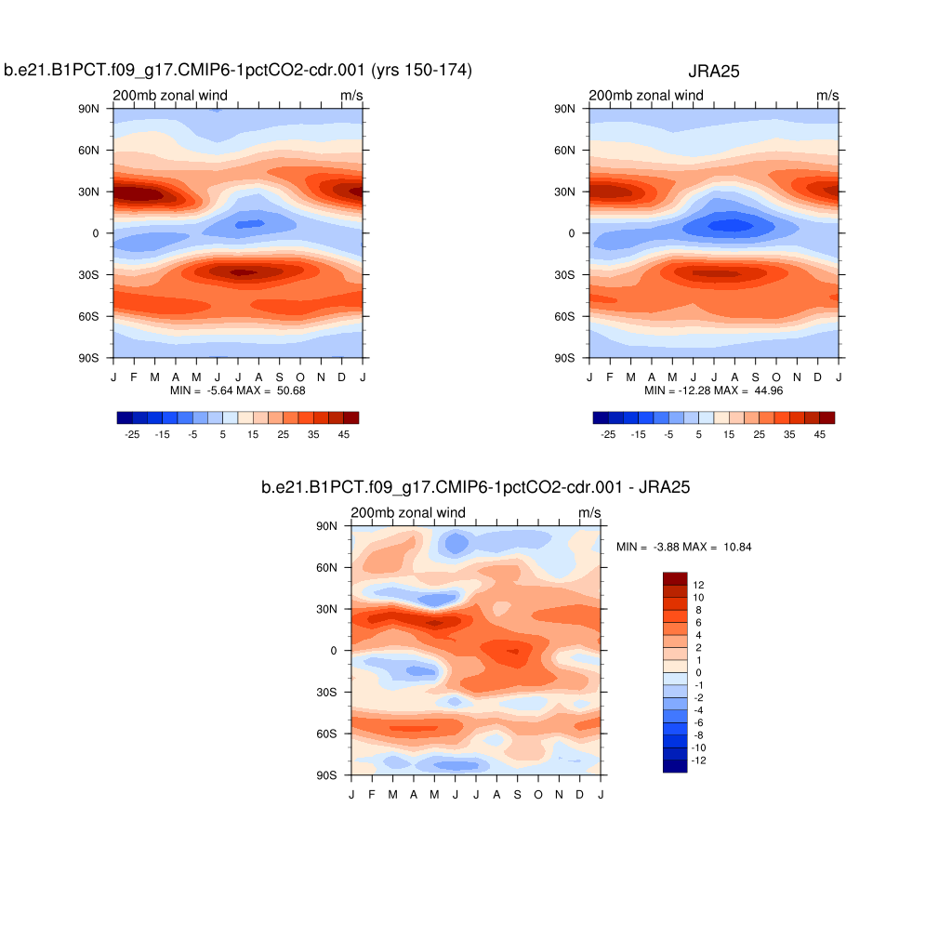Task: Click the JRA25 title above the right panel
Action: click(713, 71)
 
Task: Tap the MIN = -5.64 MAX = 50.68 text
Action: click(238, 390)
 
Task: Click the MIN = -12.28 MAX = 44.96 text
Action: click(714, 390)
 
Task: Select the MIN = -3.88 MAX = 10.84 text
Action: click(683, 548)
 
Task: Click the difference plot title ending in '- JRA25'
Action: click(475, 487)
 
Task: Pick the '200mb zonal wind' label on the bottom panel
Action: click(407, 513)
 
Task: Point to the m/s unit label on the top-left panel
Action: click(351, 96)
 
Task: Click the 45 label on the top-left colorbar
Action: click(344, 434)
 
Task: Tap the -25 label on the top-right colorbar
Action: click(608, 434)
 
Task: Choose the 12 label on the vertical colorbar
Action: click(699, 585)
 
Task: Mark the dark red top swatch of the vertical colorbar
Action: click(674, 578)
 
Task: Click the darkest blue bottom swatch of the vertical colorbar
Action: click(674, 766)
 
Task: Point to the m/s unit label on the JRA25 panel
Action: click(827, 96)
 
